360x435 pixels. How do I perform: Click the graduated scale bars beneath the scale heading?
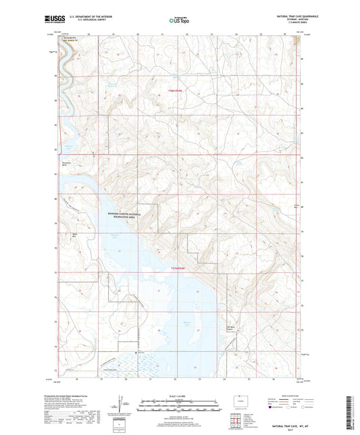179,407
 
